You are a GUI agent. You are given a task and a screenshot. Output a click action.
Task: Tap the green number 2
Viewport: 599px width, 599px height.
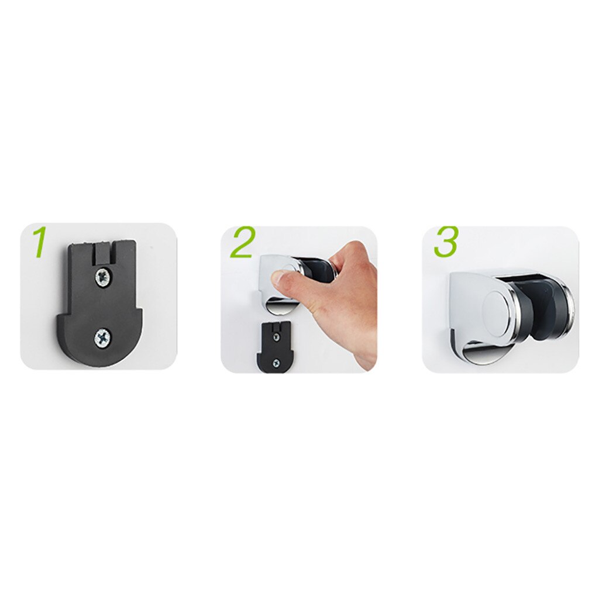(x=242, y=243)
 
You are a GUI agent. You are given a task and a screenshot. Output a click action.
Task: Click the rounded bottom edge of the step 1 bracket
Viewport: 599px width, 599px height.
(x=99, y=360)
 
